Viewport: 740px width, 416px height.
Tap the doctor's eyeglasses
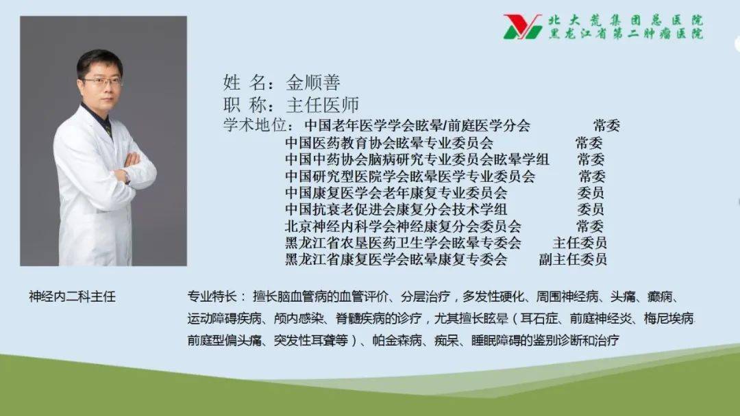[103, 81]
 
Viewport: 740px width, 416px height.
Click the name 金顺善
[313, 83]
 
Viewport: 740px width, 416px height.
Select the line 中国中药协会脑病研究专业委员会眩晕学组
[417, 159]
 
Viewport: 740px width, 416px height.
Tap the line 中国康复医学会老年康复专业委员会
[395, 193]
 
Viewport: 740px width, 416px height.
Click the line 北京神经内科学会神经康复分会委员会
[402, 226]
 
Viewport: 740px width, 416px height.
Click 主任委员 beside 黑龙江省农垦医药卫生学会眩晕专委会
[580, 243]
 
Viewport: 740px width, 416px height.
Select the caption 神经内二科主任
[72, 297]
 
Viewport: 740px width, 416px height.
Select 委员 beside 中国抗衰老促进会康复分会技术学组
[590, 209]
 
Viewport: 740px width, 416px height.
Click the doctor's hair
[100, 60]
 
